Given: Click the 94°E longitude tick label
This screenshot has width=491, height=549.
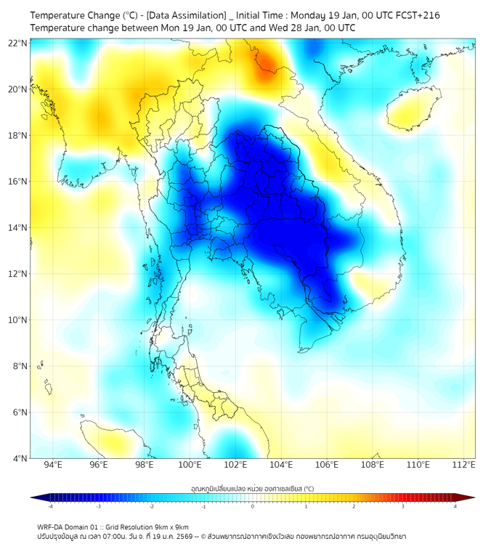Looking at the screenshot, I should click(53, 465).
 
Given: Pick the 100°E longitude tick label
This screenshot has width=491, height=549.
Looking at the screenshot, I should click(190, 465).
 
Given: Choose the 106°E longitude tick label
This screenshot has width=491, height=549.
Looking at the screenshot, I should click(327, 465).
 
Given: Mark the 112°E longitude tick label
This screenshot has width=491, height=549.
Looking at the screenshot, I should click(463, 465).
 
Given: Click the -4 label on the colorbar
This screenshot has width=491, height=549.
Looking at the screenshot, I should click(50, 506).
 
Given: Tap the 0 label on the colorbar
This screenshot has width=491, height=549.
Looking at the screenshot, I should click(253, 506).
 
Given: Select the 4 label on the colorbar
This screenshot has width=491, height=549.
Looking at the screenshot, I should click(455, 506).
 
